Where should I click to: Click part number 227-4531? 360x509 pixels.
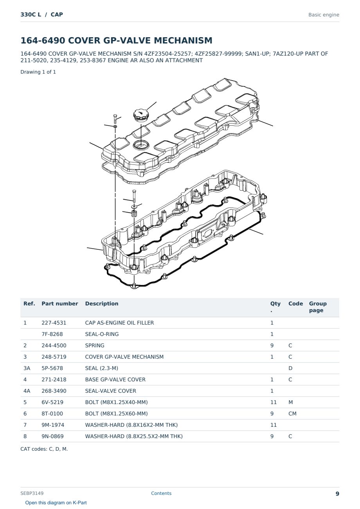tap(54, 323)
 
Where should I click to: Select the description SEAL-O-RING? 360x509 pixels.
tap(102, 334)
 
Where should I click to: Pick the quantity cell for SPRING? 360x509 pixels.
tap(272, 345)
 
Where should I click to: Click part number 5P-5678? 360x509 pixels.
tap(52, 368)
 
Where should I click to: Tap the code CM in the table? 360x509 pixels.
tap(292, 413)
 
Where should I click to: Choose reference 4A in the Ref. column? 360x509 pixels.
tap(27, 391)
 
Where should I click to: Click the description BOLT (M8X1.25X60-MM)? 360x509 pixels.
tap(116, 413)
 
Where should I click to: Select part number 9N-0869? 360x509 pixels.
tap(52, 436)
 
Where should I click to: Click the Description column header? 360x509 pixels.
tap(102, 303)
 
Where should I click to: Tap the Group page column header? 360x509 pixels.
tap(318, 307)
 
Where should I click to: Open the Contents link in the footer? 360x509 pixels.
tap(161, 493)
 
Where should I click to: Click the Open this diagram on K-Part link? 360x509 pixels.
tap(56, 503)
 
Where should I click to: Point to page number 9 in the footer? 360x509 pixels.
tap(337, 494)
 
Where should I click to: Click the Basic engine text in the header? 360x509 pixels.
tap(324, 15)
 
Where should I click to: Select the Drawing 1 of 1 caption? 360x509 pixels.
tap(38, 72)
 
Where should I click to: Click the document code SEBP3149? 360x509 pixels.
tap(32, 493)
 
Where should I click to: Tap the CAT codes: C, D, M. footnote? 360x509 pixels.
tap(44, 449)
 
